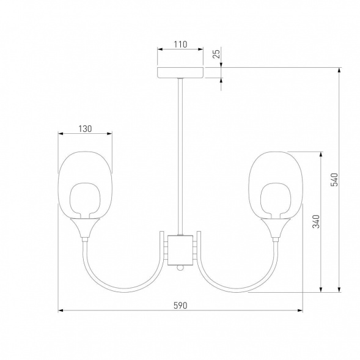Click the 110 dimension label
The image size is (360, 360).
point(180,44)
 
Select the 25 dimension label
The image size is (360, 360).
point(216,54)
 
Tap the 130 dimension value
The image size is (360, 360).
point(85,129)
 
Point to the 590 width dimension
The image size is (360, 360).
point(180,306)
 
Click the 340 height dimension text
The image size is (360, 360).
point(316,221)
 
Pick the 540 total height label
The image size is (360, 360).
point(334,180)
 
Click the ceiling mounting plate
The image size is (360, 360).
point(180,73)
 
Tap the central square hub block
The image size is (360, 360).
point(180,250)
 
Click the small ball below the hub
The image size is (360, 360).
point(180,268)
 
